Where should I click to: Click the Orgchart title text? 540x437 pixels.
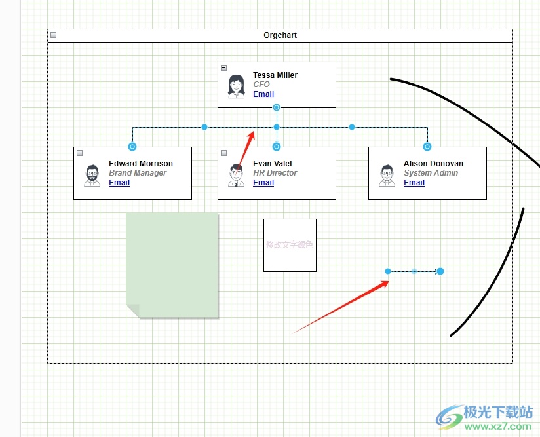(280, 35)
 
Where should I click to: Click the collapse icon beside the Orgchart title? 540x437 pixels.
(54, 35)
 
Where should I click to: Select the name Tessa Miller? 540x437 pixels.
(275, 75)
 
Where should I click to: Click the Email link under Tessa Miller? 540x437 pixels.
(263, 94)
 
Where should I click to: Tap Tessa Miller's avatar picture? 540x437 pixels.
(236, 86)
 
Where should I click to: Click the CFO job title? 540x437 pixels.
(261, 85)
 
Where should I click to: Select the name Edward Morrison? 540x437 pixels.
(141, 164)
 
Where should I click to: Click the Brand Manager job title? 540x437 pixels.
(138, 173)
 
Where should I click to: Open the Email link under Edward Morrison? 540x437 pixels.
(119, 183)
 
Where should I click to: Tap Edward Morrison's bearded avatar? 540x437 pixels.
(92, 175)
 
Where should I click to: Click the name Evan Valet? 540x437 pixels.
(273, 164)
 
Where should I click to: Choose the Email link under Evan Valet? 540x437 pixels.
(263, 183)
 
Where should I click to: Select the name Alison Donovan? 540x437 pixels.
(433, 164)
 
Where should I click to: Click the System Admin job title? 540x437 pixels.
(431, 173)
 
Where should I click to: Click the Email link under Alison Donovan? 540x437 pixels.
(414, 183)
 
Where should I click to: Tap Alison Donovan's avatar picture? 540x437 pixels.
(387, 175)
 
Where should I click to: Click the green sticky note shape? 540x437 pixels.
(172, 262)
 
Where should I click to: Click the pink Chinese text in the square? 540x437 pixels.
(290, 245)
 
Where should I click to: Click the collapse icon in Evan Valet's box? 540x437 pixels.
(224, 153)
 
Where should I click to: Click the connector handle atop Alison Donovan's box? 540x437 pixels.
(427, 147)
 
